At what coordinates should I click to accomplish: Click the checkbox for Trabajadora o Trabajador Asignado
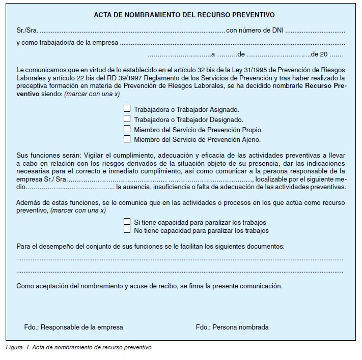pos(127,108)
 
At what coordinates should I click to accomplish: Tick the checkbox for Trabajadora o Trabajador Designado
pos(127,118)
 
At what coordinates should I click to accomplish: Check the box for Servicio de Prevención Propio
pos(127,129)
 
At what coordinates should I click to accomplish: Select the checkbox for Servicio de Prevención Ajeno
pos(127,138)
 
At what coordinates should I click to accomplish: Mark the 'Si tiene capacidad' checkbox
pos(127,222)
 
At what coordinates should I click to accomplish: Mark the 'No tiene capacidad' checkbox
pos(127,230)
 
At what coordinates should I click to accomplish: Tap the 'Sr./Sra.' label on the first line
pos(26,31)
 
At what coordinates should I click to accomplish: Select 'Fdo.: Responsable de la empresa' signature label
pos(73,327)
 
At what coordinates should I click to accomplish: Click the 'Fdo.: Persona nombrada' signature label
pos(232,327)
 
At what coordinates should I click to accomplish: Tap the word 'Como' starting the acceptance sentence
pos(24,286)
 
